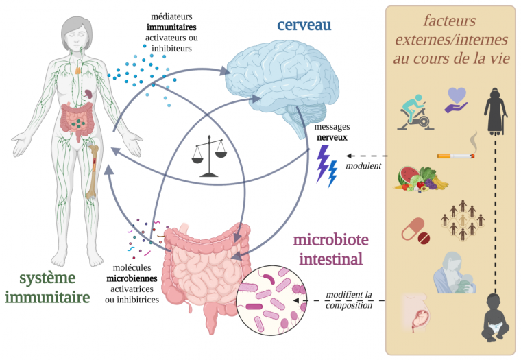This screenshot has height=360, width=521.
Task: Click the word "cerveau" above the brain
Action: [x=304, y=25]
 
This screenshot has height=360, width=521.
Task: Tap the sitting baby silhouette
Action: [x=497, y=316]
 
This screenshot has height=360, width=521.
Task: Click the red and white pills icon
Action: [x=417, y=232]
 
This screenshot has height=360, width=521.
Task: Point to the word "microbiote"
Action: [x=331, y=240]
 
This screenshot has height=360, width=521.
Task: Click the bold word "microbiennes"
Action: [x=131, y=278]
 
